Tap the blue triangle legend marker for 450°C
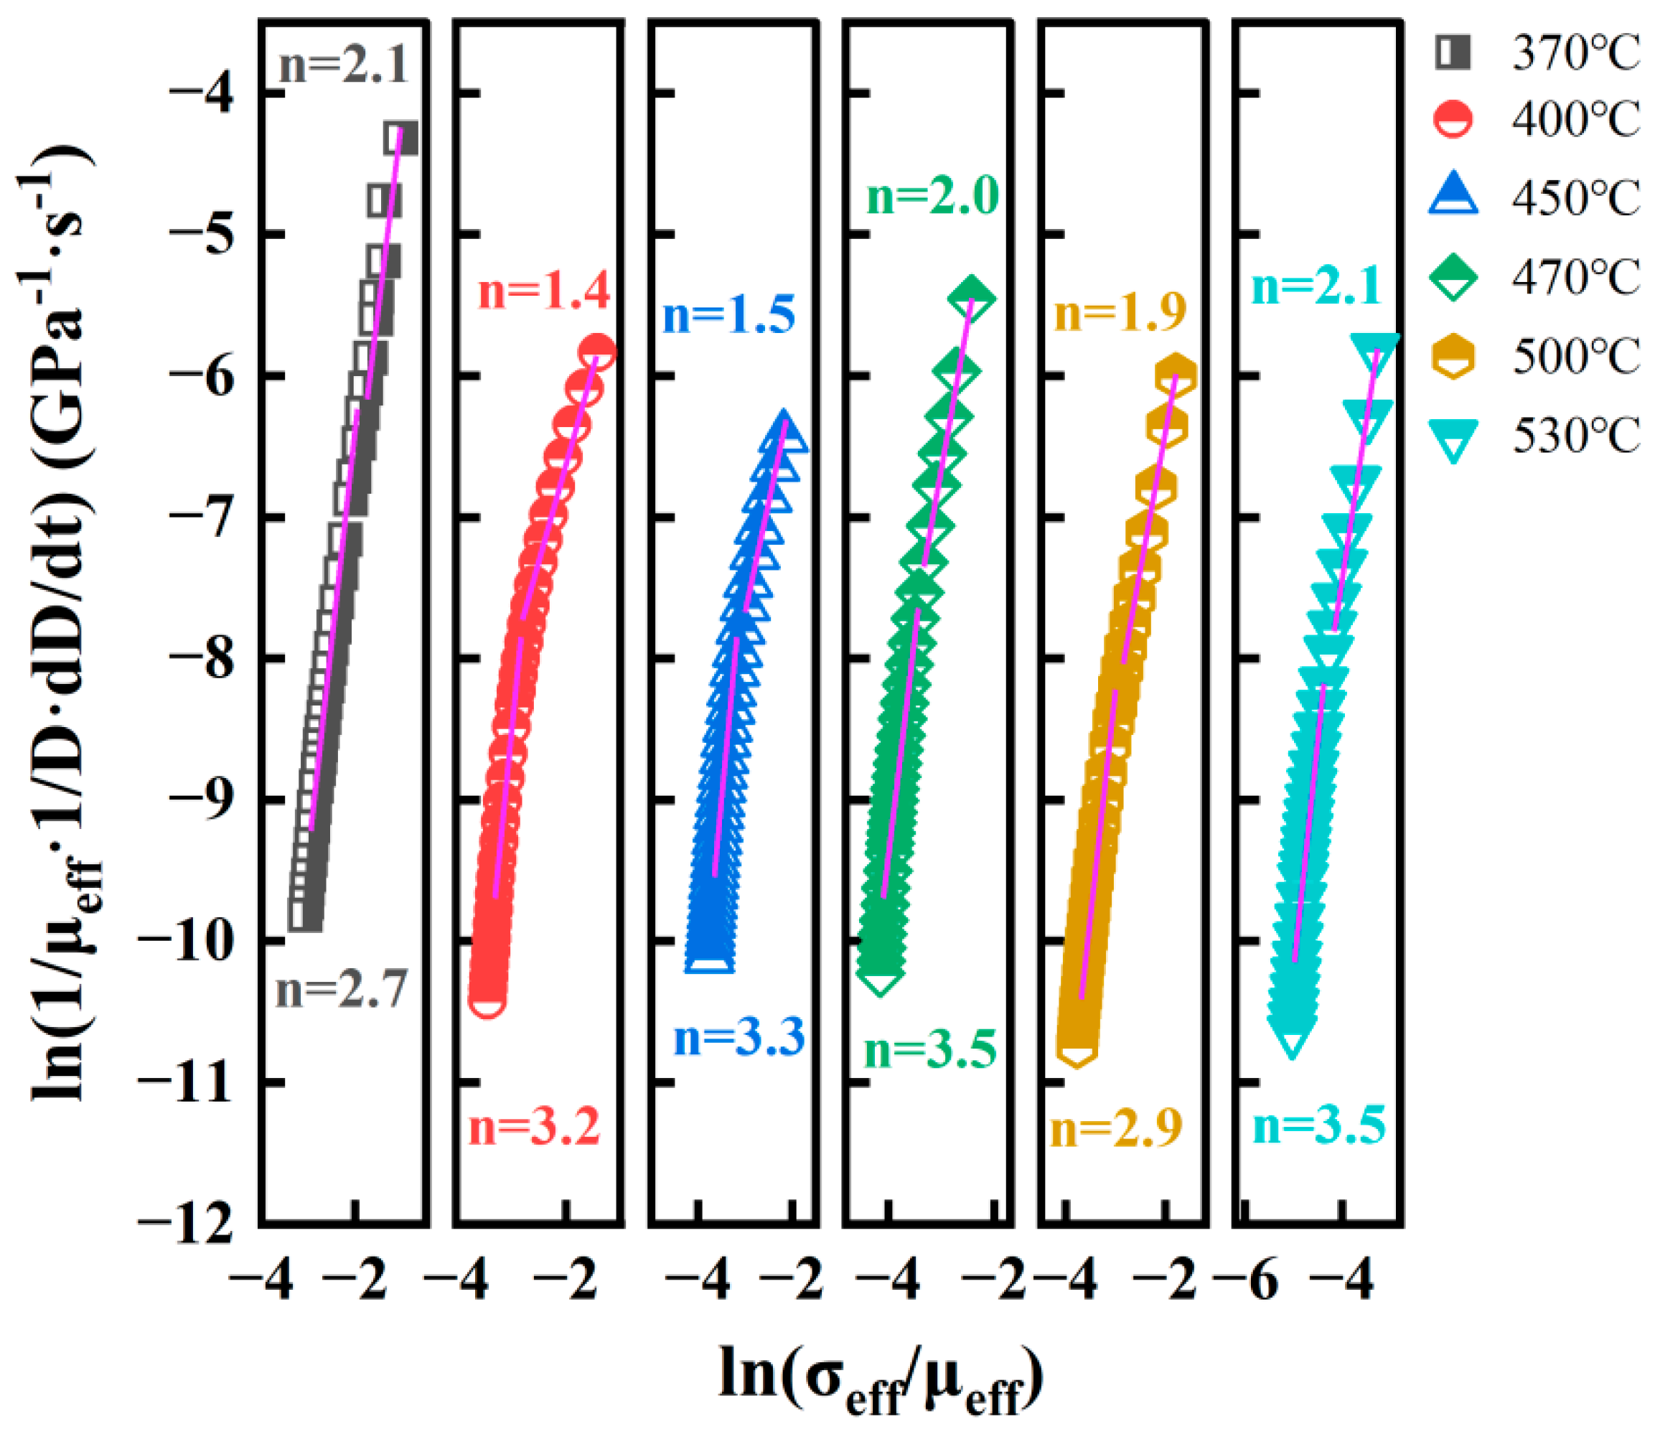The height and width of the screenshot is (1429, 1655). click(1454, 196)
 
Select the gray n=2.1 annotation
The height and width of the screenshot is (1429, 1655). click(344, 64)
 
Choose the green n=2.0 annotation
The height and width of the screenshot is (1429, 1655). click(933, 197)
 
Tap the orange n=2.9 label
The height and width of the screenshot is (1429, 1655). click(1116, 1129)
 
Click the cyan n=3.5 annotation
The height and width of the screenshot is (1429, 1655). click(1320, 1126)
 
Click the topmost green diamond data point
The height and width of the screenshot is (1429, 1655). click(971, 298)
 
